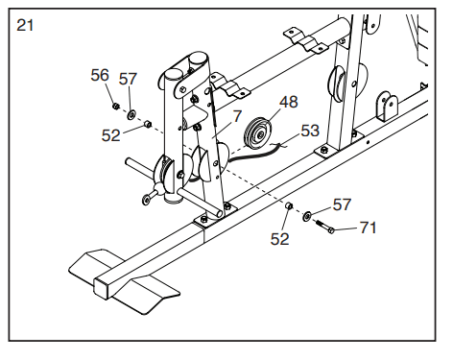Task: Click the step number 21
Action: pos(25,25)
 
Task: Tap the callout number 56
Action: pos(100,75)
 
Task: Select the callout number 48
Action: pos(289,102)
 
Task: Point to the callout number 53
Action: pos(310,131)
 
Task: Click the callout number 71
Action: pos(369,228)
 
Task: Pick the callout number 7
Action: pos(237,116)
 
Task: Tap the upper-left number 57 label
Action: pos(128,79)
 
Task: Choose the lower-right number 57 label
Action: pos(342,204)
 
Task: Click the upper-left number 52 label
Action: pos(110,135)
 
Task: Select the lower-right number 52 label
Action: pos(279,239)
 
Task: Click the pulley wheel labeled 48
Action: pos(257,133)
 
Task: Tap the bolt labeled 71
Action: pos(325,226)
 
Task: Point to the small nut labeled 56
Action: pos(116,106)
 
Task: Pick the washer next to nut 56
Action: pos(131,114)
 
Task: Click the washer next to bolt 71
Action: pos(307,216)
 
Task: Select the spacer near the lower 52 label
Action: pos(289,205)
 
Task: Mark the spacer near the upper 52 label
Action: pos(148,123)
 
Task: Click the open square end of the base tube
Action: pos(101,287)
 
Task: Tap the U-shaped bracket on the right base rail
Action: pos(387,107)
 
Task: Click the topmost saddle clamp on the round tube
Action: pos(305,41)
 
